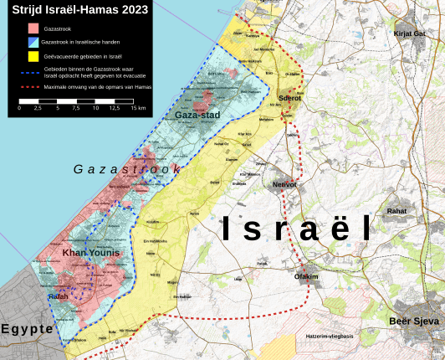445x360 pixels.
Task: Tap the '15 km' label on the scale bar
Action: point(139,108)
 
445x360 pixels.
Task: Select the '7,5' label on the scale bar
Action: point(76,108)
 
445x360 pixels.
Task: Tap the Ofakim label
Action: point(307,275)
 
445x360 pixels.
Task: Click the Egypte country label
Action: point(28,329)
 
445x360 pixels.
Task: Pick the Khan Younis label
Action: point(91,253)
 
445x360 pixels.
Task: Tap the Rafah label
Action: point(57,296)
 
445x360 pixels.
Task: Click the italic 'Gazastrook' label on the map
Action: point(127,170)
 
